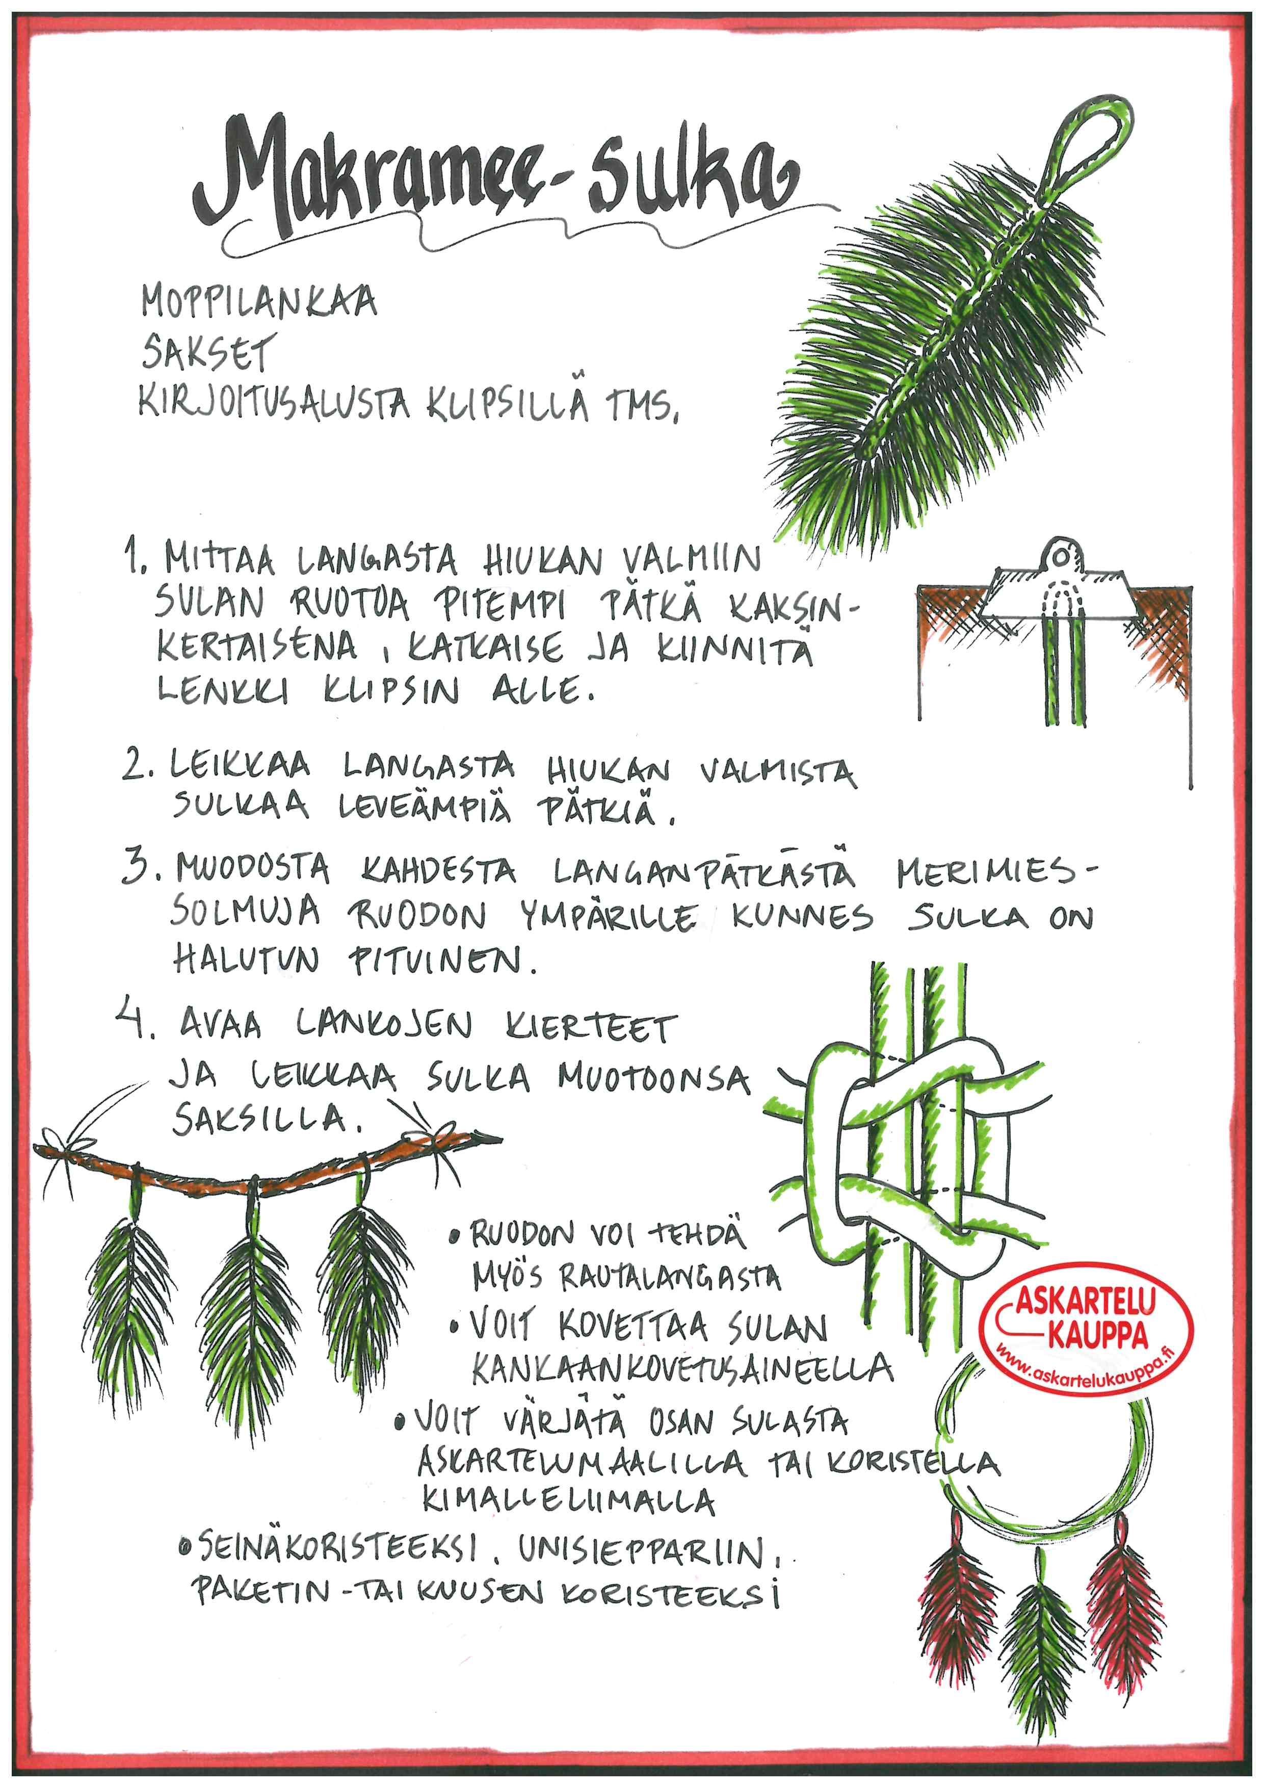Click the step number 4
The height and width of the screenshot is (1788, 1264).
[x=146, y=1023]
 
